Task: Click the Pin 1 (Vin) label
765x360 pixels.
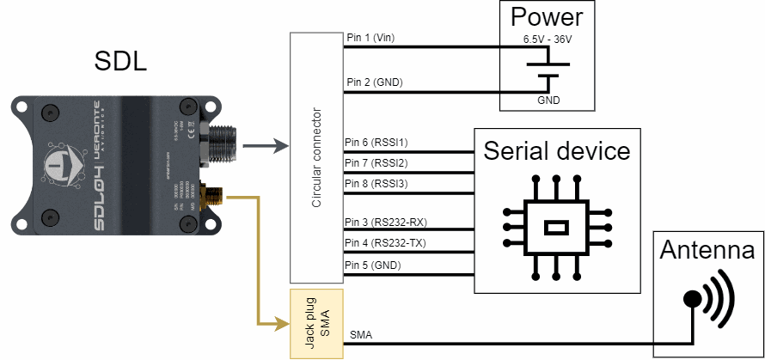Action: pos(370,38)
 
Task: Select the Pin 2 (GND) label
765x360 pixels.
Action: pos(374,82)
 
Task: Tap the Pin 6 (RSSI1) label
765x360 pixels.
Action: pos(376,142)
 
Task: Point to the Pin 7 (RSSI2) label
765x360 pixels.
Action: pos(376,162)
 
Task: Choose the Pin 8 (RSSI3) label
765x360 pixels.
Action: pos(376,183)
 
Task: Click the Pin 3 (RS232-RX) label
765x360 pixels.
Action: pos(385,222)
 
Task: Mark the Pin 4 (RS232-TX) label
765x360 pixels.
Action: pos(385,243)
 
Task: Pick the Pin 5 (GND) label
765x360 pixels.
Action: pos(372,265)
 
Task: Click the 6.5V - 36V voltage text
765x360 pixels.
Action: pos(548,40)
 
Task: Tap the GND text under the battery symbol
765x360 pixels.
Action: pos(548,101)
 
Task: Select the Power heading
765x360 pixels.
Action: pos(547,17)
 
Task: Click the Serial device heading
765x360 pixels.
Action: pos(557,151)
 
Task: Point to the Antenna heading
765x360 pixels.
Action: pos(708,252)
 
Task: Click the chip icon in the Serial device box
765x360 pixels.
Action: pos(557,228)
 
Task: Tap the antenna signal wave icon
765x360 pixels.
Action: pos(712,298)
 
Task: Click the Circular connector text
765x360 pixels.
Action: pos(316,158)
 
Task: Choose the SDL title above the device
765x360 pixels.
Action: pos(119,62)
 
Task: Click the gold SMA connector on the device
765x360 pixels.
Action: pos(210,196)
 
